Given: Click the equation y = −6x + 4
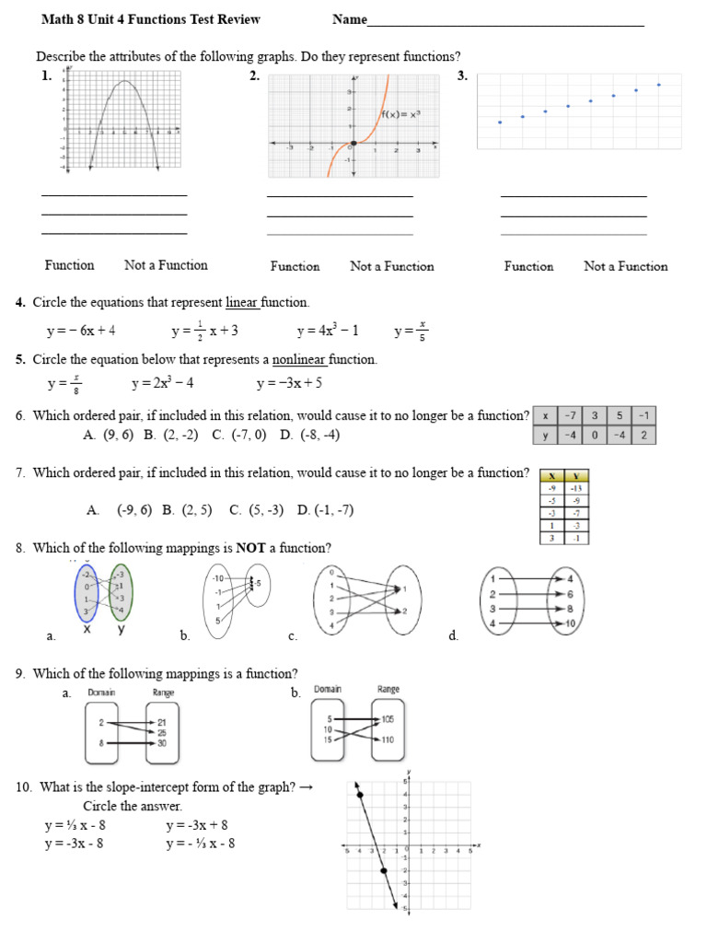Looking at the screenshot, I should (81, 331).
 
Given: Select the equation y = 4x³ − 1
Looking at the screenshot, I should (328, 331).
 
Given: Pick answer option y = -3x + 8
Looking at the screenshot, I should (197, 826).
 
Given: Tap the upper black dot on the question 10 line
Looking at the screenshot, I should (360, 794).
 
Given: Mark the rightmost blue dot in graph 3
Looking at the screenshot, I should (659, 85).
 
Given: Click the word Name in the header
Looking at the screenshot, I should (350, 19).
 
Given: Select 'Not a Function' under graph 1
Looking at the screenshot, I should (166, 265).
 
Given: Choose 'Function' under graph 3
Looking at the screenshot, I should (528, 266).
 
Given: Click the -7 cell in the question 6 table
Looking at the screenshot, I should (571, 416).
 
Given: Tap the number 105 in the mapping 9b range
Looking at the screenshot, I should (387, 718).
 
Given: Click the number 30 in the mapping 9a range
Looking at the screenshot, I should (162, 742).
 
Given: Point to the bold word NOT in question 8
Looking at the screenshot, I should (251, 548).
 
